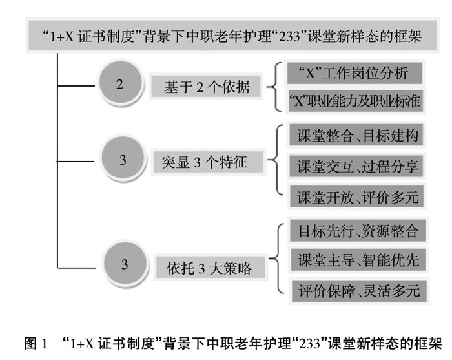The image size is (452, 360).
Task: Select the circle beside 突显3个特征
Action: pyautogui.click(x=123, y=158)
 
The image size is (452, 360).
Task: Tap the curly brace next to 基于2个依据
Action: pyautogui.click(x=276, y=87)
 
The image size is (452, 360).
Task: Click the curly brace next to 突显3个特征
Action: pyautogui.click(x=276, y=160)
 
